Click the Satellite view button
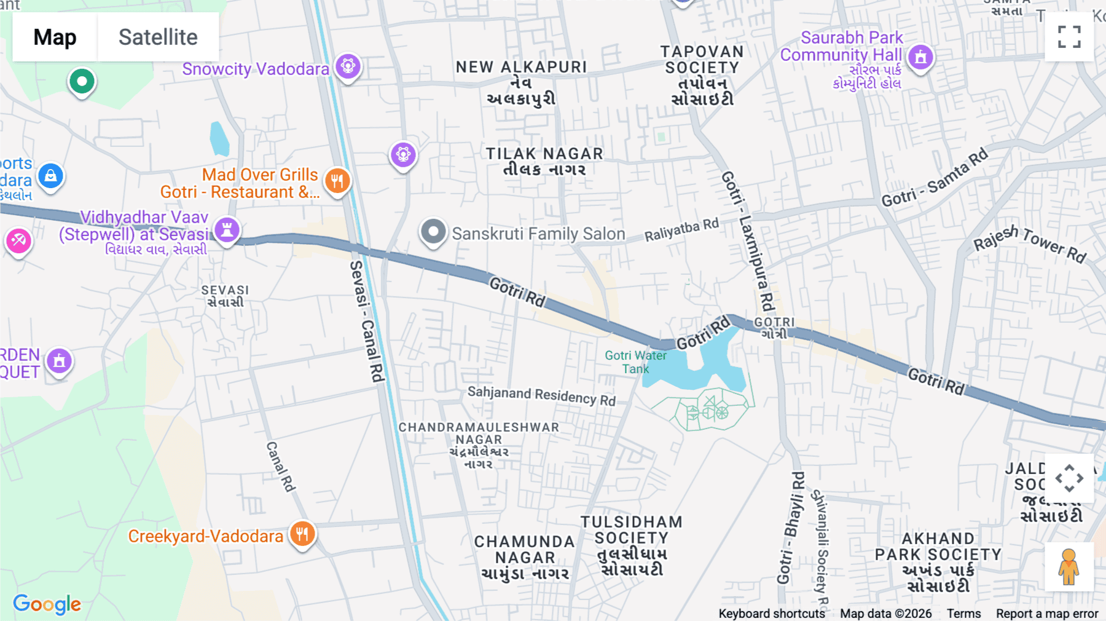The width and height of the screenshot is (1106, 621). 158,37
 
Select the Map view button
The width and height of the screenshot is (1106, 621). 55,37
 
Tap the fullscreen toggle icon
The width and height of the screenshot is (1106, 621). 1069,37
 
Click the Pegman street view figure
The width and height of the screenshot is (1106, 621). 1069,567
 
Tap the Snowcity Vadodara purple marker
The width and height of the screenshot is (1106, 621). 348,66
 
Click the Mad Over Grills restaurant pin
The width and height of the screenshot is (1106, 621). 337,181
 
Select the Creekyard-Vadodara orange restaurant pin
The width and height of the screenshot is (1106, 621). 302,534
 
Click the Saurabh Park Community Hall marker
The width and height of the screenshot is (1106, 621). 920,58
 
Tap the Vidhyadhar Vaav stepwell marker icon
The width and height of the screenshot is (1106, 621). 227,230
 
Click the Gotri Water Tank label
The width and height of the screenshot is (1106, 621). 635,362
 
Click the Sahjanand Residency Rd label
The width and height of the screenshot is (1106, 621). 541,395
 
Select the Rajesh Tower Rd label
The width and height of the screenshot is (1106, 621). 1030,243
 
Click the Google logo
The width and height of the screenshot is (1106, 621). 47,604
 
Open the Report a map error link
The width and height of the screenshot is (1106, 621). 1047,614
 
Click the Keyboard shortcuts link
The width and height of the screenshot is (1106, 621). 772,614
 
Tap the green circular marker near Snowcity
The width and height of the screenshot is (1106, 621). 82,81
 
